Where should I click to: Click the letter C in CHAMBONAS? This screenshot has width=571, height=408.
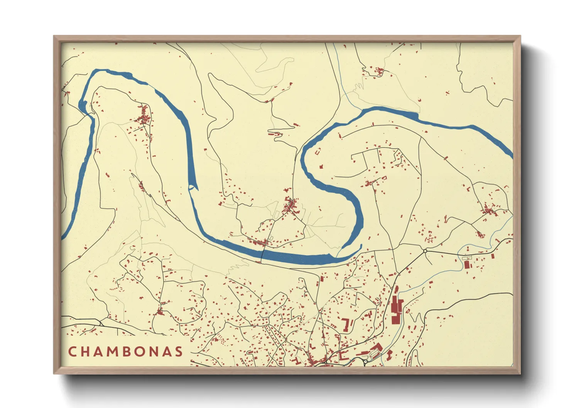click(x=72, y=351)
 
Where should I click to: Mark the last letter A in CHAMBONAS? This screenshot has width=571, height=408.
click(x=169, y=351)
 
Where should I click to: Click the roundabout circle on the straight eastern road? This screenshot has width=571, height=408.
click(x=425, y=251)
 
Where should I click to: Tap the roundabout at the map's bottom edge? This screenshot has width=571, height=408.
click(x=365, y=362)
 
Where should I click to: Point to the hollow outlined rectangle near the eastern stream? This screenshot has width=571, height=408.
click(x=467, y=258)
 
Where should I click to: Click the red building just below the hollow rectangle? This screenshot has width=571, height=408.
click(x=467, y=265)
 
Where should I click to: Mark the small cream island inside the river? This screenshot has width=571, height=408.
click(x=191, y=188)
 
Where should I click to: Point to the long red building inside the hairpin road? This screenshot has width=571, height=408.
click(x=275, y=134)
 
